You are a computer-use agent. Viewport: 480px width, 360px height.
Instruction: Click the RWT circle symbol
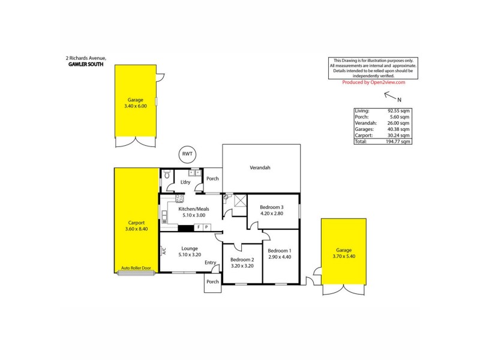[x=187, y=155]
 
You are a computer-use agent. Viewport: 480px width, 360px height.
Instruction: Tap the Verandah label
[x=260, y=168]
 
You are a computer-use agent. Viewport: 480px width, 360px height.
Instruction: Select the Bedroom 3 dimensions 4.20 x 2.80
[x=271, y=213]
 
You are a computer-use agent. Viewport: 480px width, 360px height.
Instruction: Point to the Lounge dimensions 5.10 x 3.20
[x=191, y=254]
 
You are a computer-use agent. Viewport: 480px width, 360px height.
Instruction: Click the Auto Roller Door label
[x=135, y=268]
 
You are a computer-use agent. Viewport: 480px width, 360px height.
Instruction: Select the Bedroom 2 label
[x=242, y=259]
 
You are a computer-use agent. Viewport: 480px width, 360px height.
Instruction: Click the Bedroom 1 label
[x=280, y=250]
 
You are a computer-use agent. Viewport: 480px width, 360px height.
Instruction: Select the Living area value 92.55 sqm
[x=398, y=111]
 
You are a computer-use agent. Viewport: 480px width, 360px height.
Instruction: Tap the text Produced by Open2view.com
[x=374, y=83]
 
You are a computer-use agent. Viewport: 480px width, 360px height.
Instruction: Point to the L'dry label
[x=185, y=182]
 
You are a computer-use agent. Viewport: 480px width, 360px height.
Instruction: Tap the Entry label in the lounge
[x=211, y=262]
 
